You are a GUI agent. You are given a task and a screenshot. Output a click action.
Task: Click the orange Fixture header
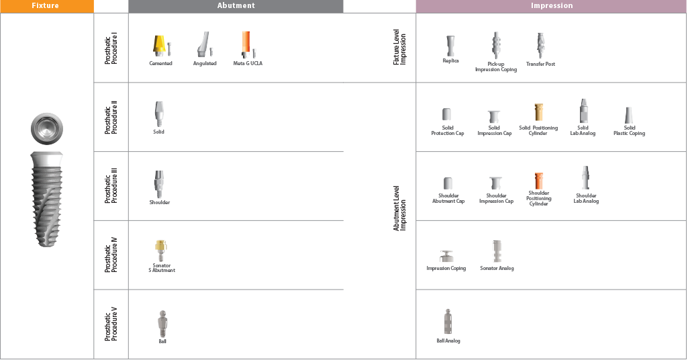click(46, 5)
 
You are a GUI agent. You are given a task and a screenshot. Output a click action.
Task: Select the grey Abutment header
click(236, 5)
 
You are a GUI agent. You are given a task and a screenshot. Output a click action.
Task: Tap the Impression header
click(551, 5)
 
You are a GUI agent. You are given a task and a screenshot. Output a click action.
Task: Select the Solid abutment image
click(158, 113)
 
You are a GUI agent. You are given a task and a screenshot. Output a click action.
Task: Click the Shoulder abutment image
click(158, 183)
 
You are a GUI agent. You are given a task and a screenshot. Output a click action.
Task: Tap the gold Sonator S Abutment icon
click(160, 250)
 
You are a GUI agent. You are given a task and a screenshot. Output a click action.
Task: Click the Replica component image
click(450, 46)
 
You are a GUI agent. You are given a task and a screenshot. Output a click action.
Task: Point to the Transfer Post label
click(540, 64)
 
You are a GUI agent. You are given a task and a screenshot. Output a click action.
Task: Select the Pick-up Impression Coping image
click(496, 46)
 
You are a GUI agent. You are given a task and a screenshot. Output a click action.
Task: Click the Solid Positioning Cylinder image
click(538, 112)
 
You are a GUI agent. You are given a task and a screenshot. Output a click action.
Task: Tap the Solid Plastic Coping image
click(629, 116)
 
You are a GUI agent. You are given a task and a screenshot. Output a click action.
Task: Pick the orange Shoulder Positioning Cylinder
click(538, 181)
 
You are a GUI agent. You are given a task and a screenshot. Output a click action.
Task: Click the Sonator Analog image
click(497, 251)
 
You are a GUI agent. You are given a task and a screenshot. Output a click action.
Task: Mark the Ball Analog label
click(448, 341)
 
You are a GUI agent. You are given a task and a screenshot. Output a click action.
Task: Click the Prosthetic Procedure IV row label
click(111, 255)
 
